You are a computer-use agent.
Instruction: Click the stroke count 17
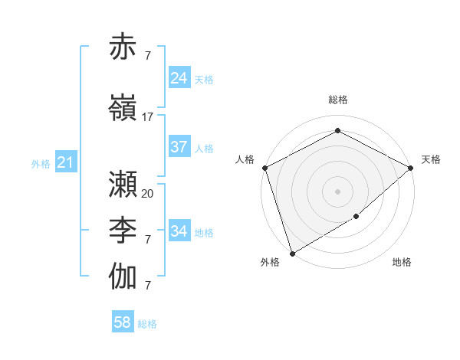[148, 117]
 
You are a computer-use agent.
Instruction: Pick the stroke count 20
[148, 194]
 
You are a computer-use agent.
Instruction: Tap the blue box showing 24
[179, 78]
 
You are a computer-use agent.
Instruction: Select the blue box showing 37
[179, 147]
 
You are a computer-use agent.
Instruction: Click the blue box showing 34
[179, 231]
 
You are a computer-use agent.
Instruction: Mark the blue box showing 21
[65, 162]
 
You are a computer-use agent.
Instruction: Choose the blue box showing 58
[123, 322]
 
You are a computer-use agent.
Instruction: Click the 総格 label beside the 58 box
[147, 324]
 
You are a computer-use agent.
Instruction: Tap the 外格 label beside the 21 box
[41, 164]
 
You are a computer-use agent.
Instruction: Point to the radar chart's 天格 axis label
[431, 159]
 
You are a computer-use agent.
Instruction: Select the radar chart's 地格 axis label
[402, 263]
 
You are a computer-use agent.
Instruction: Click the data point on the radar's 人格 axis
[264, 168]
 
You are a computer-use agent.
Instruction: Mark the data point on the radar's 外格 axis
[292, 253]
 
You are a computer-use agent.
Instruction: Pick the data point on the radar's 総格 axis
[337, 131]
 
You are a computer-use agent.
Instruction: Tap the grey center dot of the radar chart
[337, 191]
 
